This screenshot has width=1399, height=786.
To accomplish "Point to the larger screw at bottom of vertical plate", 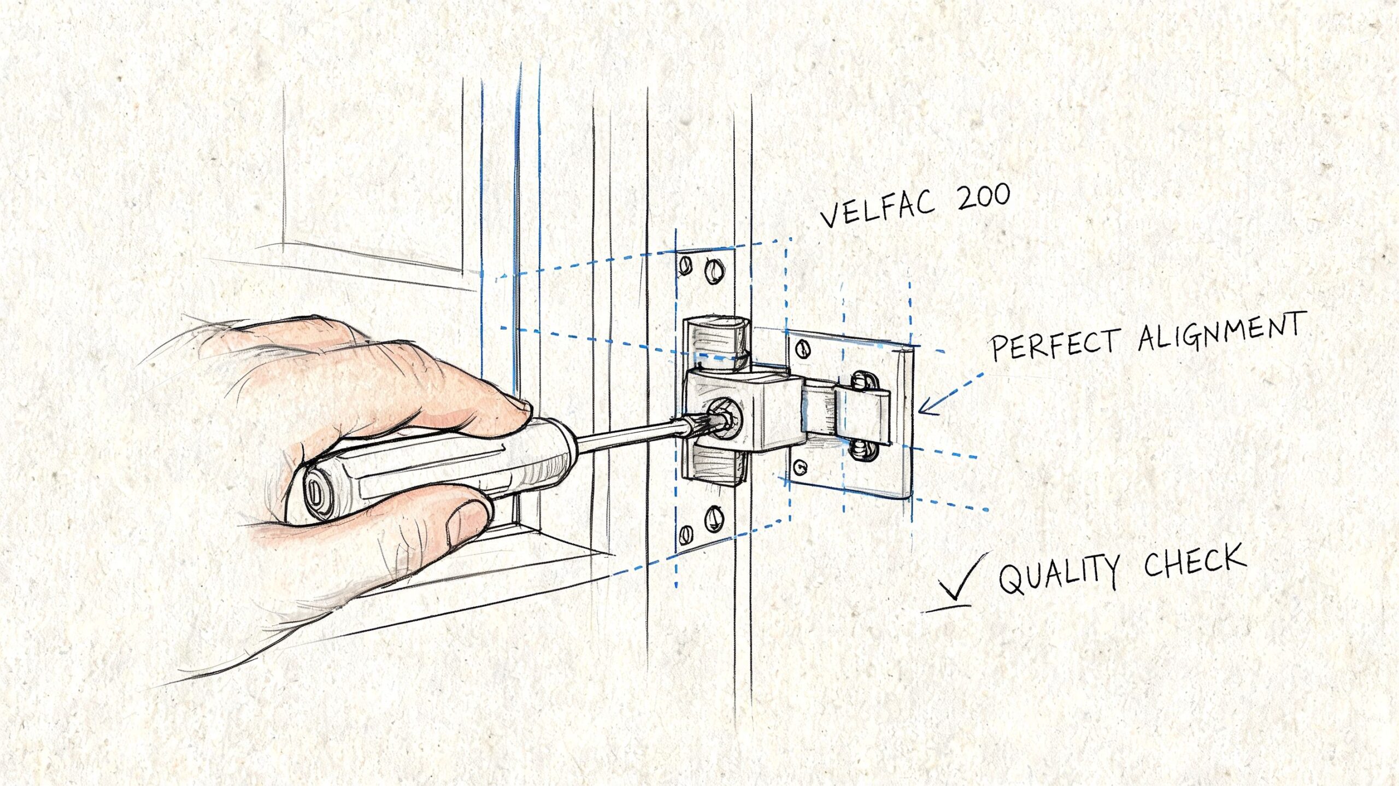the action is [x=714, y=519].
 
